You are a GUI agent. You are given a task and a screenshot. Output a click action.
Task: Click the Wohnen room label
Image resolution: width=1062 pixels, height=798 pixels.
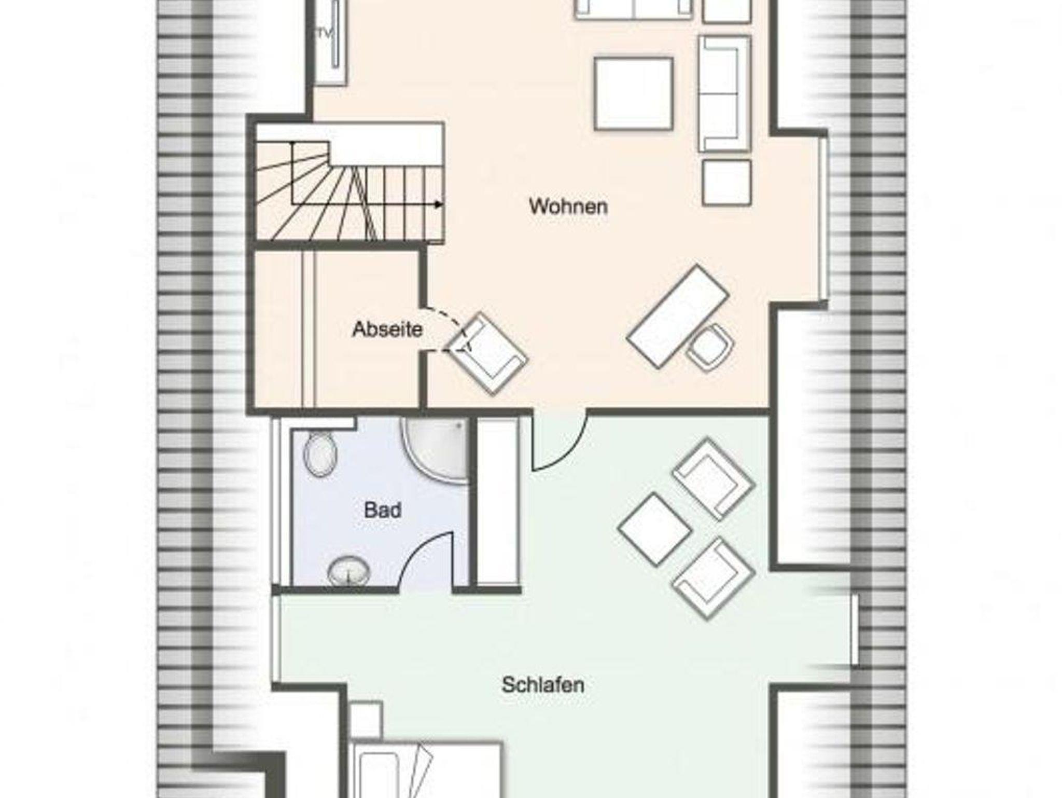(x=568, y=207)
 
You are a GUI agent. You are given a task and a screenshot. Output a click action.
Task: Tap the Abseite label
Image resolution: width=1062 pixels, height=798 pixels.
(x=387, y=329)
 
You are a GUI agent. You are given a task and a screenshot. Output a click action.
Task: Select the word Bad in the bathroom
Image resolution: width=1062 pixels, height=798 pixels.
(x=383, y=510)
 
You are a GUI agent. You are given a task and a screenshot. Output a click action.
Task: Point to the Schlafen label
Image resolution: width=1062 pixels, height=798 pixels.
(x=543, y=685)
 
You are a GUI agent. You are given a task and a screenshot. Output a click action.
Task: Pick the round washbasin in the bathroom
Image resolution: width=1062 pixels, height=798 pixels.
(x=348, y=571)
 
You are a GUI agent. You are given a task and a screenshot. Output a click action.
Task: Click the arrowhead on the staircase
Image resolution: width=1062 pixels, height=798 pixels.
(x=439, y=204)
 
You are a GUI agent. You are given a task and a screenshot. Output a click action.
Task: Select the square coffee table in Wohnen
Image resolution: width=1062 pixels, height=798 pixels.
(x=634, y=93)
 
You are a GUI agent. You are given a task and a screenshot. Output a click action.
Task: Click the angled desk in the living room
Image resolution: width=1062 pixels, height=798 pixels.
(x=678, y=317)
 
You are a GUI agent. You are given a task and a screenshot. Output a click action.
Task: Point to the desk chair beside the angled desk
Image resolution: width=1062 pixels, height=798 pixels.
(x=710, y=347)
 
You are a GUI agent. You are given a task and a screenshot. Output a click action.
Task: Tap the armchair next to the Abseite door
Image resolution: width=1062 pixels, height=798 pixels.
(x=487, y=353)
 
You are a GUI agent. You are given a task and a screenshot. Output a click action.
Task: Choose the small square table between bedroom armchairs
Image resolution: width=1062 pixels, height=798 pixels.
(x=655, y=529)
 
